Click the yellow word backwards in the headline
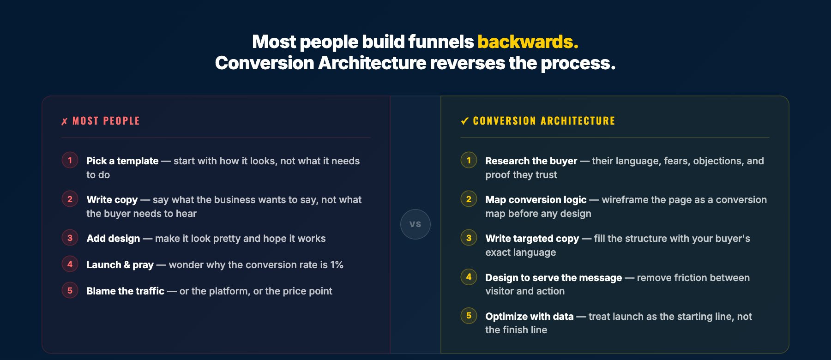pos(528,42)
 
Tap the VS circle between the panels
pos(415,224)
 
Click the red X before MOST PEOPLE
pos(65,121)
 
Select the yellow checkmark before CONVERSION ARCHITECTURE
pos(465,121)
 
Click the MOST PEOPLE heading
pos(106,121)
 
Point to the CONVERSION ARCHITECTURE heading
pos(544,121)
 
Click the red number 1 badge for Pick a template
pos(70,160)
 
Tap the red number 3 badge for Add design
pos(70,238)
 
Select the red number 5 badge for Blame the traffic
pos(70,290)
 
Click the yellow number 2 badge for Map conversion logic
pos(469,199)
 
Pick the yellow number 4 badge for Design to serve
pos(469,276)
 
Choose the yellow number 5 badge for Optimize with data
pos(469,315)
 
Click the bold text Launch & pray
pos(120,265)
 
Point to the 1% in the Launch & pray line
pos(337,265)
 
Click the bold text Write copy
pos(112,200)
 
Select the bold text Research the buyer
pos(531,161)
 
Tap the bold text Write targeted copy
pos(532,239)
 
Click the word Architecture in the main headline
pos(372,63)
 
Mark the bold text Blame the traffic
pos(125,291)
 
